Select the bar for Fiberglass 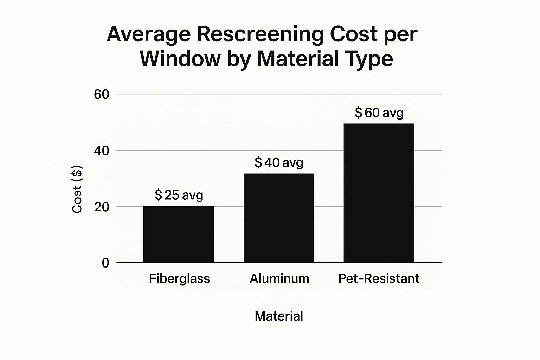click(x=179, y=234)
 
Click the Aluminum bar click(x=279, y=218)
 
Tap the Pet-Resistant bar click(x=379, y=193)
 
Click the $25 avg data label click(x=179, y=195)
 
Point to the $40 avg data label click(x=279, y=162)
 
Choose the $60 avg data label click(x=379, y=112)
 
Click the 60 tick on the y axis click(x=102, y=95)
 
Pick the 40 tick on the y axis click(x=102, y=150)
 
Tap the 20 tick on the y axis click(x=102, y=207)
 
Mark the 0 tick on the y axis click(x=105, y=263)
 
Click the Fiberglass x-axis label click(x=179, y=278)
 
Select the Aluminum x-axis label click(x=279, y=278)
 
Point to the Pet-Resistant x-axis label click(x=379, y=278)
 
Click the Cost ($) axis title click(x=77, y=189)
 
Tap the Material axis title click(x=279, y=316)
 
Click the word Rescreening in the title click(x=260, y=35)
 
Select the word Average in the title click(x=149, y=34)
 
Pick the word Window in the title click(x=180, y=59)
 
